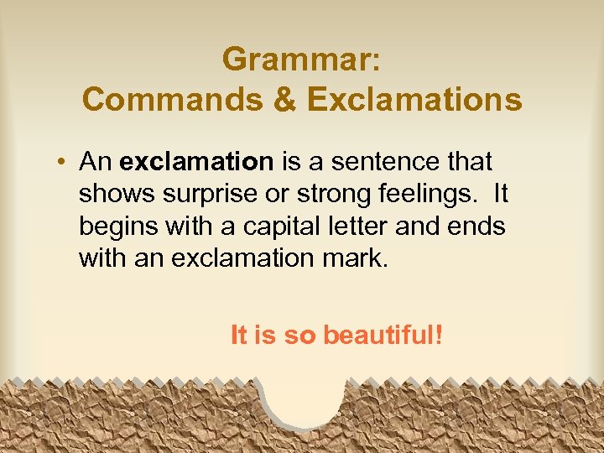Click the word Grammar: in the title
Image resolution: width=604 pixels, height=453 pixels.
click(301, 60)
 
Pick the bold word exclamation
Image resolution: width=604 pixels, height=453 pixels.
click(196, 160)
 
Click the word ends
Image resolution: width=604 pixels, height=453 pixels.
click(478, 226)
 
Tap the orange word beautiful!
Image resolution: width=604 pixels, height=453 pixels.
click(383, 336)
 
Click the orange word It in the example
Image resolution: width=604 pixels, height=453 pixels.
click(238, 336)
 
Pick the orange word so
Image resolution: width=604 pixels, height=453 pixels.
click(299, 336)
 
